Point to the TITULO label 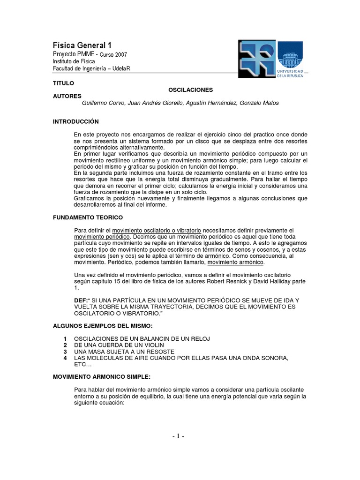pos(64,82)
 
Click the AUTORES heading pos(67,95)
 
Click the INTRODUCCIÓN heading pos(76,121)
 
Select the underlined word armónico pos(217,257)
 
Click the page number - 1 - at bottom pos(178,436)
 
